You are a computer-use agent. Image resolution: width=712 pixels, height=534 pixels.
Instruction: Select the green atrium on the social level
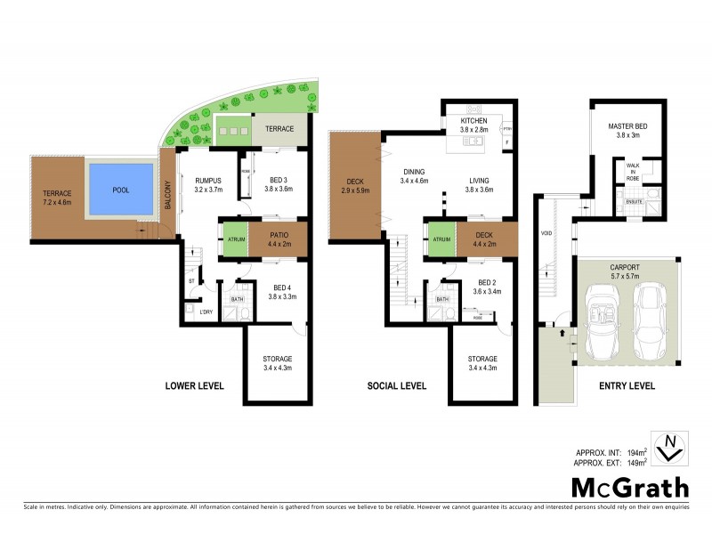click(x=441, y=239)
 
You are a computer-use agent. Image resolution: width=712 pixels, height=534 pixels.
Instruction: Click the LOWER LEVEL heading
click(x=193, y=386)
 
